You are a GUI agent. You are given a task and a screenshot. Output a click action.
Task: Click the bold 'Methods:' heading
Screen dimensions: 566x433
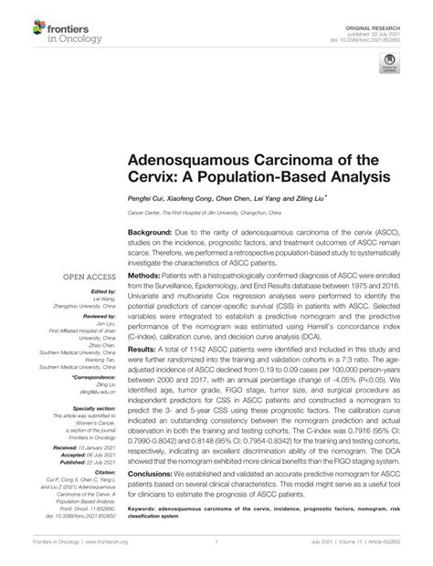point(146,275)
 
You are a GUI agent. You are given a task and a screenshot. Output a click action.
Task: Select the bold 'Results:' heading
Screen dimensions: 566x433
point(144,350)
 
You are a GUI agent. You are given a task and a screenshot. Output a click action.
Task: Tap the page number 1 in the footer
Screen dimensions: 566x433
point(216,554)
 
